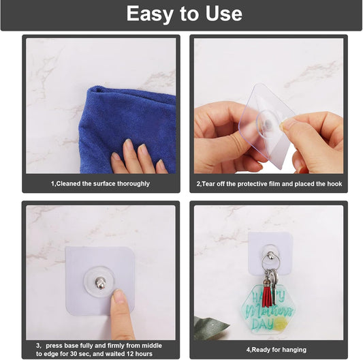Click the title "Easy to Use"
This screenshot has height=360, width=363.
point(184,14)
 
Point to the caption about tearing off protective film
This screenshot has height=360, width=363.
point(269,183)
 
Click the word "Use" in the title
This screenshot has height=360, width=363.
point(219,14)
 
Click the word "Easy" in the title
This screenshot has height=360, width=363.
point(151,14)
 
